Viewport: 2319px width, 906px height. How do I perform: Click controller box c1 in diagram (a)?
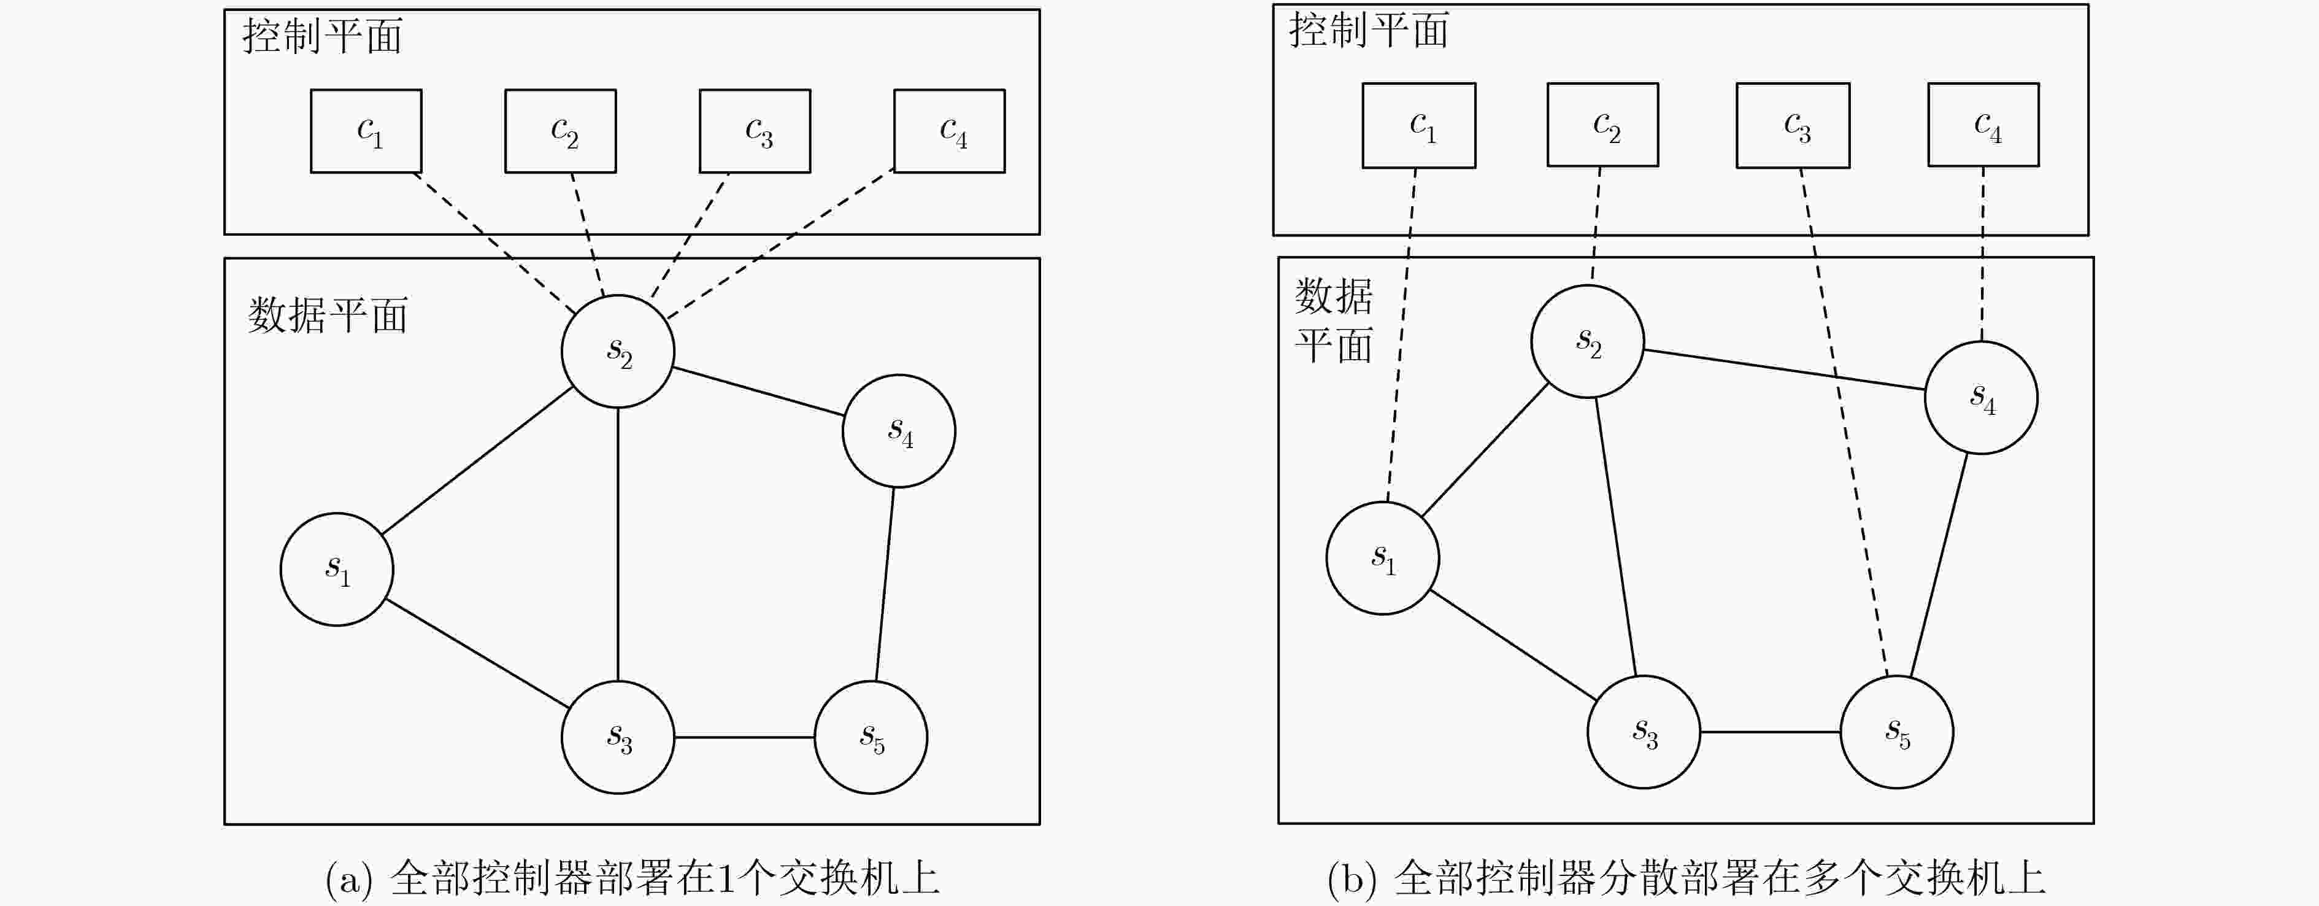point(366,131)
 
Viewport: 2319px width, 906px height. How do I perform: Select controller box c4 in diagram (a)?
point(949,131)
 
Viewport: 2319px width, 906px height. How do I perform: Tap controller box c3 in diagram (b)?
point(1793,125)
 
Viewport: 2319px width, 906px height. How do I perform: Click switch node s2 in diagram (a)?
point(618,351)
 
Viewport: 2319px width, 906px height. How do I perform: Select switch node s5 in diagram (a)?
point(871,737)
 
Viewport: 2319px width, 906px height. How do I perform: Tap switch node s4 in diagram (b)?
point(1980,397)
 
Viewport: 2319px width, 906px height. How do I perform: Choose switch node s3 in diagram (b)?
point(1644,731)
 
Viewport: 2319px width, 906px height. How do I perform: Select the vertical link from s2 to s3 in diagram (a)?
point(618,544)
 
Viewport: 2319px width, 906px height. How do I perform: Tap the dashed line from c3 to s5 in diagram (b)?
point(1845,424)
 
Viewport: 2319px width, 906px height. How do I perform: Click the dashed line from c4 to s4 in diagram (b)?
point(1982,254)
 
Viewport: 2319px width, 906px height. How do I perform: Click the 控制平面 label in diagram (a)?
point(321,37)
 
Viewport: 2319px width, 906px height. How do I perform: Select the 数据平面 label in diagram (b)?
point(1333,320)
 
